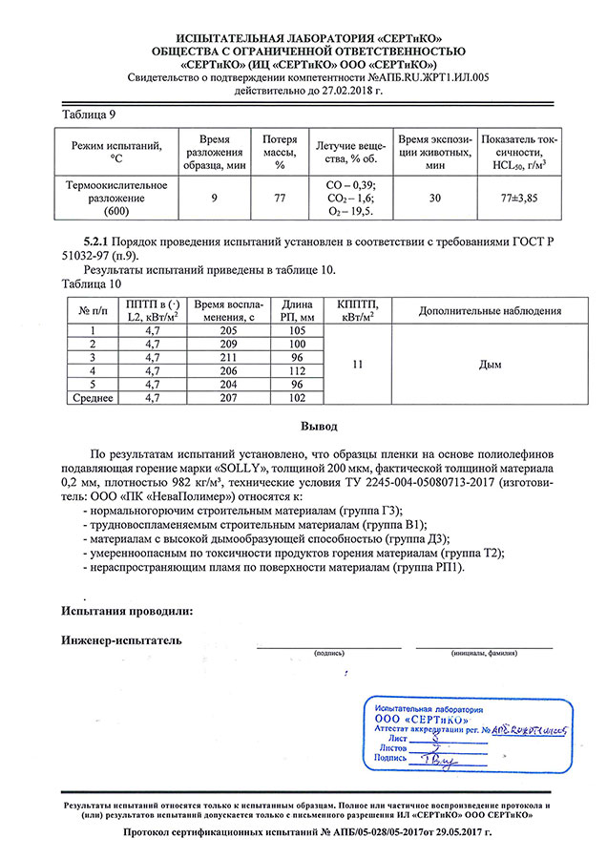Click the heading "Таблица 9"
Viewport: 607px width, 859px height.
tap(89, 115)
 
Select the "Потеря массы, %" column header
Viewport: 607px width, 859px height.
tap(280, 152)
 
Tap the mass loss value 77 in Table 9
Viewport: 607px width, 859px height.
tap(280, 198)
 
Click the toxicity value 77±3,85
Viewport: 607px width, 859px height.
tap(520, 198)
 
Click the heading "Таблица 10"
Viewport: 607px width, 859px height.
tap(92, 283)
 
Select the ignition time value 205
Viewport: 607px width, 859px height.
tap(226, 329)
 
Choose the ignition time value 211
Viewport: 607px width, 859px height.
tap(226, 356)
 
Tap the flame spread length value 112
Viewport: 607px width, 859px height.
tap(299, 369)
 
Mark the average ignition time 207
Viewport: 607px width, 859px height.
tap(226, 397)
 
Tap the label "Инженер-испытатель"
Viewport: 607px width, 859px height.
tap(121, 639)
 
